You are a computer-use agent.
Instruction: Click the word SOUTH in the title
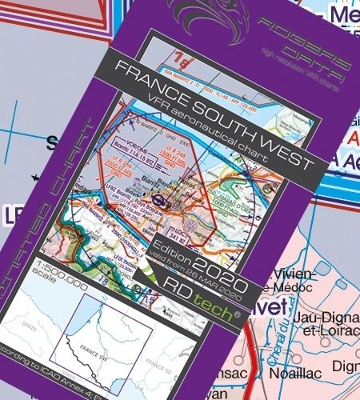[x=226, y=122]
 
